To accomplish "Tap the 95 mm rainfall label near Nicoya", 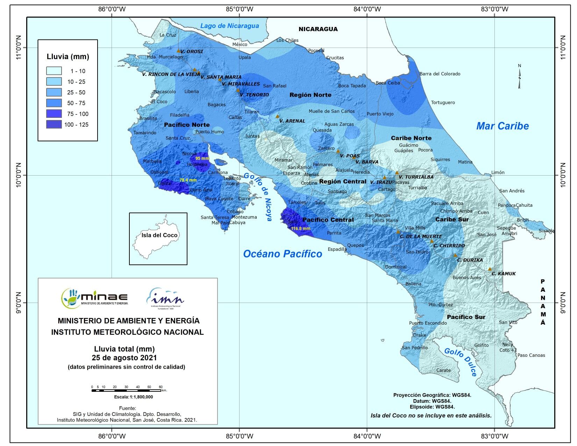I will point(202,158).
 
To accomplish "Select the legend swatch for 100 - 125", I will point(54,125).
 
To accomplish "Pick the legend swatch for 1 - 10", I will point(54,71).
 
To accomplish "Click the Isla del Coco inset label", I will point(159,235).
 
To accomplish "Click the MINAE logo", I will point(94,298).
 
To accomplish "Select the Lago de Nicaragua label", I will point(229,26).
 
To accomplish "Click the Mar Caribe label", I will point(502,126).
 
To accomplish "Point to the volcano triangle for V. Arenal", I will point(277,116).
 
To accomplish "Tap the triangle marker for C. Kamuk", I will point(490,269).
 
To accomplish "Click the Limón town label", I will point(498,172).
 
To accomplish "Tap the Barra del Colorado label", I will point(440,74).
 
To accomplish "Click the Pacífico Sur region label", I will point(466,317).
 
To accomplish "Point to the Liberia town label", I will point(191,92).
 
